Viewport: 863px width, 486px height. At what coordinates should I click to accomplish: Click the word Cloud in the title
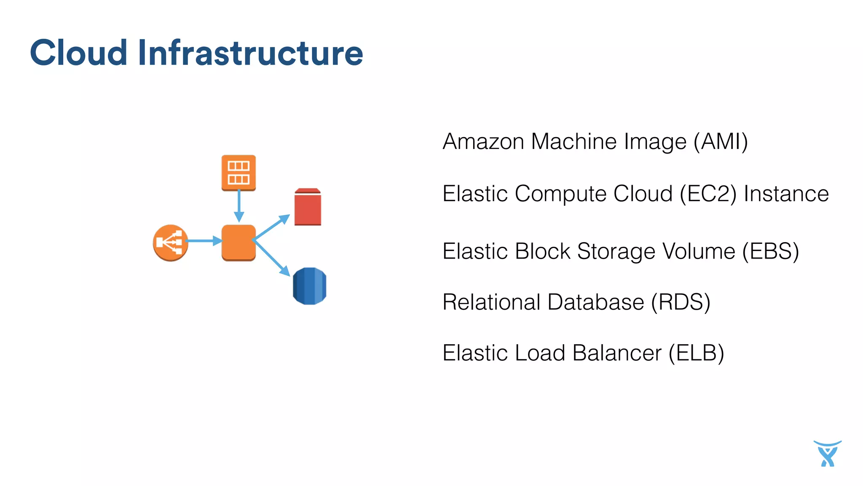click(x=79, y=53)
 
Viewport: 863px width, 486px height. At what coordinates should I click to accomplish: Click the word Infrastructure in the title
click(x=250, y=53)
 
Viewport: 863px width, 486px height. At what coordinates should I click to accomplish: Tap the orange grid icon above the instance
click(x=239, y=173)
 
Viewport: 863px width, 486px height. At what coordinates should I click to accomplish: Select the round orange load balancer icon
click(x=170, y=243)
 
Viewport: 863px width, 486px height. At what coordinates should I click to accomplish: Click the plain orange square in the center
click(x=239, y=243)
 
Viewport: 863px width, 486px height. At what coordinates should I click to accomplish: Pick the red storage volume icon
click(x=308, y=207)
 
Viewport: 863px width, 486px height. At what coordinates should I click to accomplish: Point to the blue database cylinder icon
click(x=309, y=286)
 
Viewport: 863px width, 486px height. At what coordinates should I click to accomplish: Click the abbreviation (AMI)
click(x=721, y=142)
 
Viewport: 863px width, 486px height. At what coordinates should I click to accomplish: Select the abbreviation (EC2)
click(x=708, y=194)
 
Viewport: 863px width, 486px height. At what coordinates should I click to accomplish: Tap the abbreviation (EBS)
click(x=770, y=251)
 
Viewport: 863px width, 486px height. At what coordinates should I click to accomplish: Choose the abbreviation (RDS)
click(x=681, y=302)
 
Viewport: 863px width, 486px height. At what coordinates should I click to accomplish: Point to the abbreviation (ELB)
click(x=696, y=353)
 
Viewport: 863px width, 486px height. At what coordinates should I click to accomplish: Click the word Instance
click(x=786, y=194)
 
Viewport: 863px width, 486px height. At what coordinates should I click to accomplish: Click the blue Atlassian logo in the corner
click(x=827, y=454)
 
